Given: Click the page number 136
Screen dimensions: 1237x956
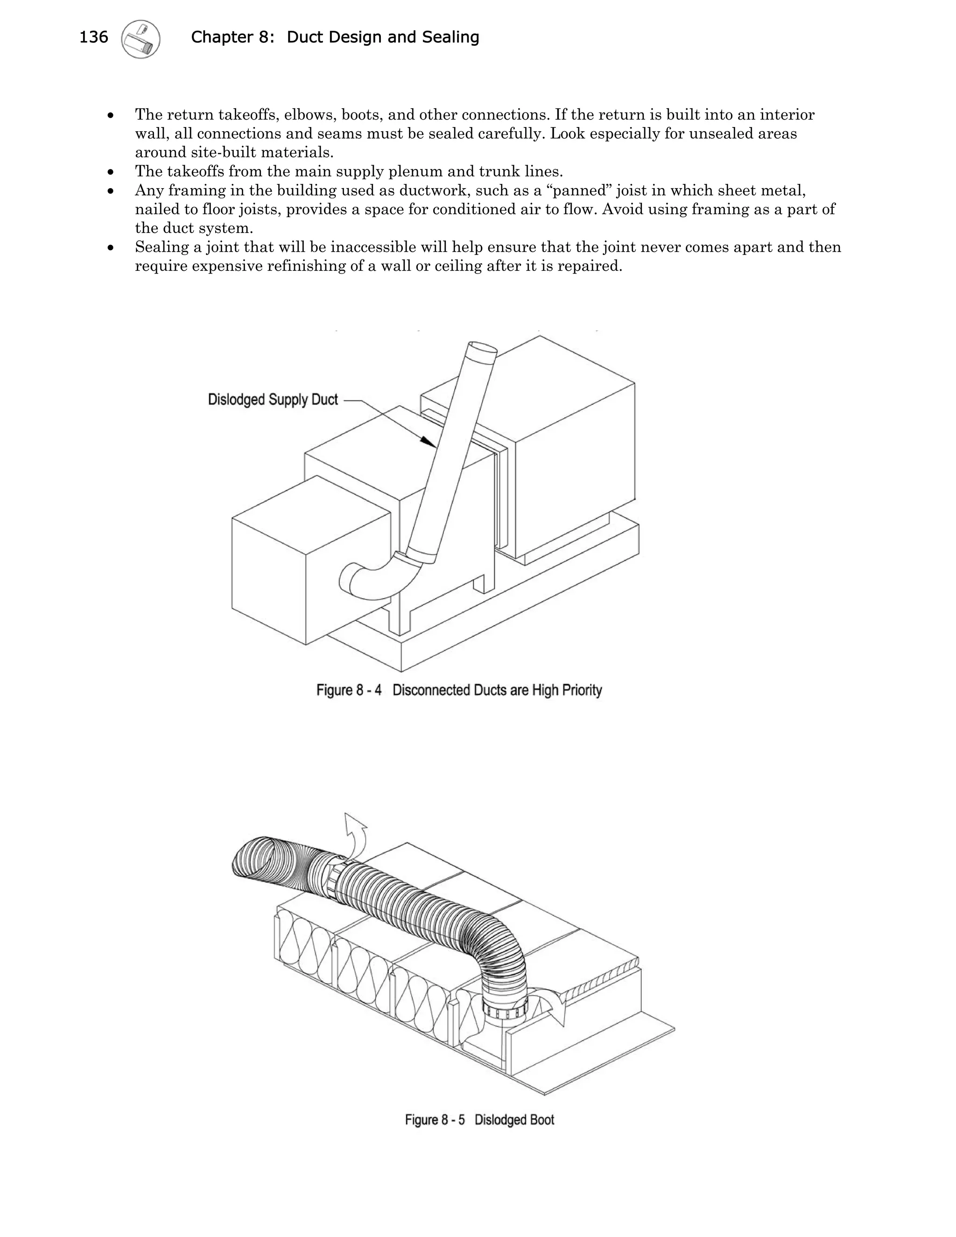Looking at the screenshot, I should [x=93, y=37].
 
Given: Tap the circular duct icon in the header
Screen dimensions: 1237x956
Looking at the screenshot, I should [x=141, y=39].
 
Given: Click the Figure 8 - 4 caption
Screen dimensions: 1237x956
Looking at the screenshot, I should [x=459, y=690].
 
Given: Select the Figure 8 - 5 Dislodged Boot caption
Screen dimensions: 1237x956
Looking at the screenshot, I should [x=479, y=1120].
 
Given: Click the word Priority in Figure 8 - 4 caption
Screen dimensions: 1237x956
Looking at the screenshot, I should [x=582, y=690].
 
